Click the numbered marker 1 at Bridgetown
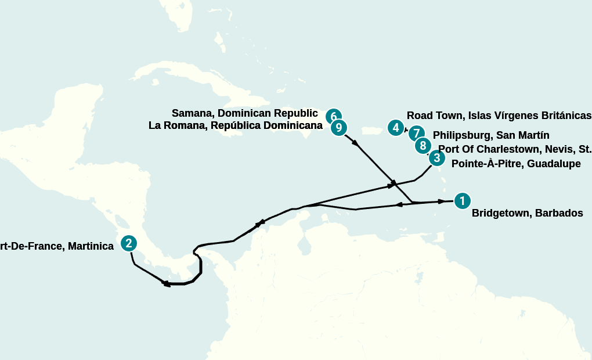coord(462,201)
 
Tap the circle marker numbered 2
coord(129,243)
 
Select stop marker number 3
coord(437,157)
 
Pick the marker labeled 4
coord(396,128)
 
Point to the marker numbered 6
coord(333,116)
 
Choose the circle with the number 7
coord(416,134)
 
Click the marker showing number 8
coord(423,146)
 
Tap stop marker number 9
coord(339,128)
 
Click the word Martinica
coord(91,246)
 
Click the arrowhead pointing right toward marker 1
coord(442,201)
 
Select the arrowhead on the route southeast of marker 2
coord(165,284)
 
